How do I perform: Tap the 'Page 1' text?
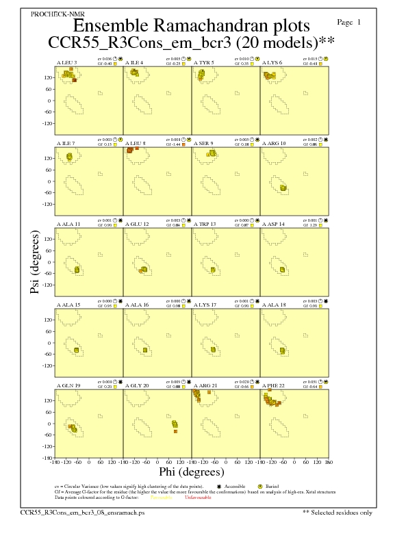pos(349,22)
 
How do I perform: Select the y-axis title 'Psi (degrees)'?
pos(36,262)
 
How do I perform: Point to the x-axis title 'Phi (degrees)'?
pos(192,472)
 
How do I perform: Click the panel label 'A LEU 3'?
pos(66,62)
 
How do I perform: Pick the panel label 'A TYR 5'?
pos(204,62)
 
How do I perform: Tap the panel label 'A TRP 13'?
pos(205,224)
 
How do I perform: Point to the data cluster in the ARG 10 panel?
pos(284,188)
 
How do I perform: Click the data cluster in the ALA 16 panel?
pos(145,350)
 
